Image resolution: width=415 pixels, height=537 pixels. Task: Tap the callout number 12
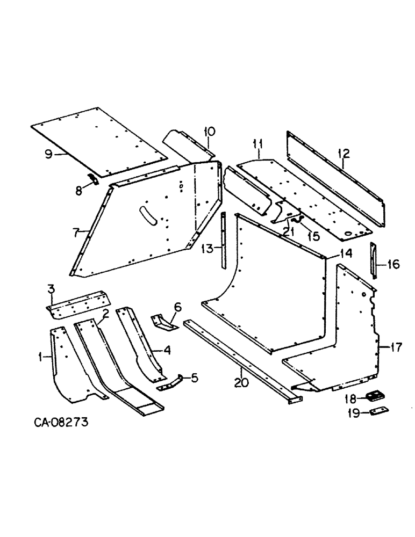344,154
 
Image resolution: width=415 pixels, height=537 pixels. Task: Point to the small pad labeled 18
374,396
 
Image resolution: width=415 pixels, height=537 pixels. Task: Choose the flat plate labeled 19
378,410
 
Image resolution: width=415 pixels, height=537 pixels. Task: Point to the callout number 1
47,355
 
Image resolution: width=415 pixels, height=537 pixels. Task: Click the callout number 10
209,132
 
